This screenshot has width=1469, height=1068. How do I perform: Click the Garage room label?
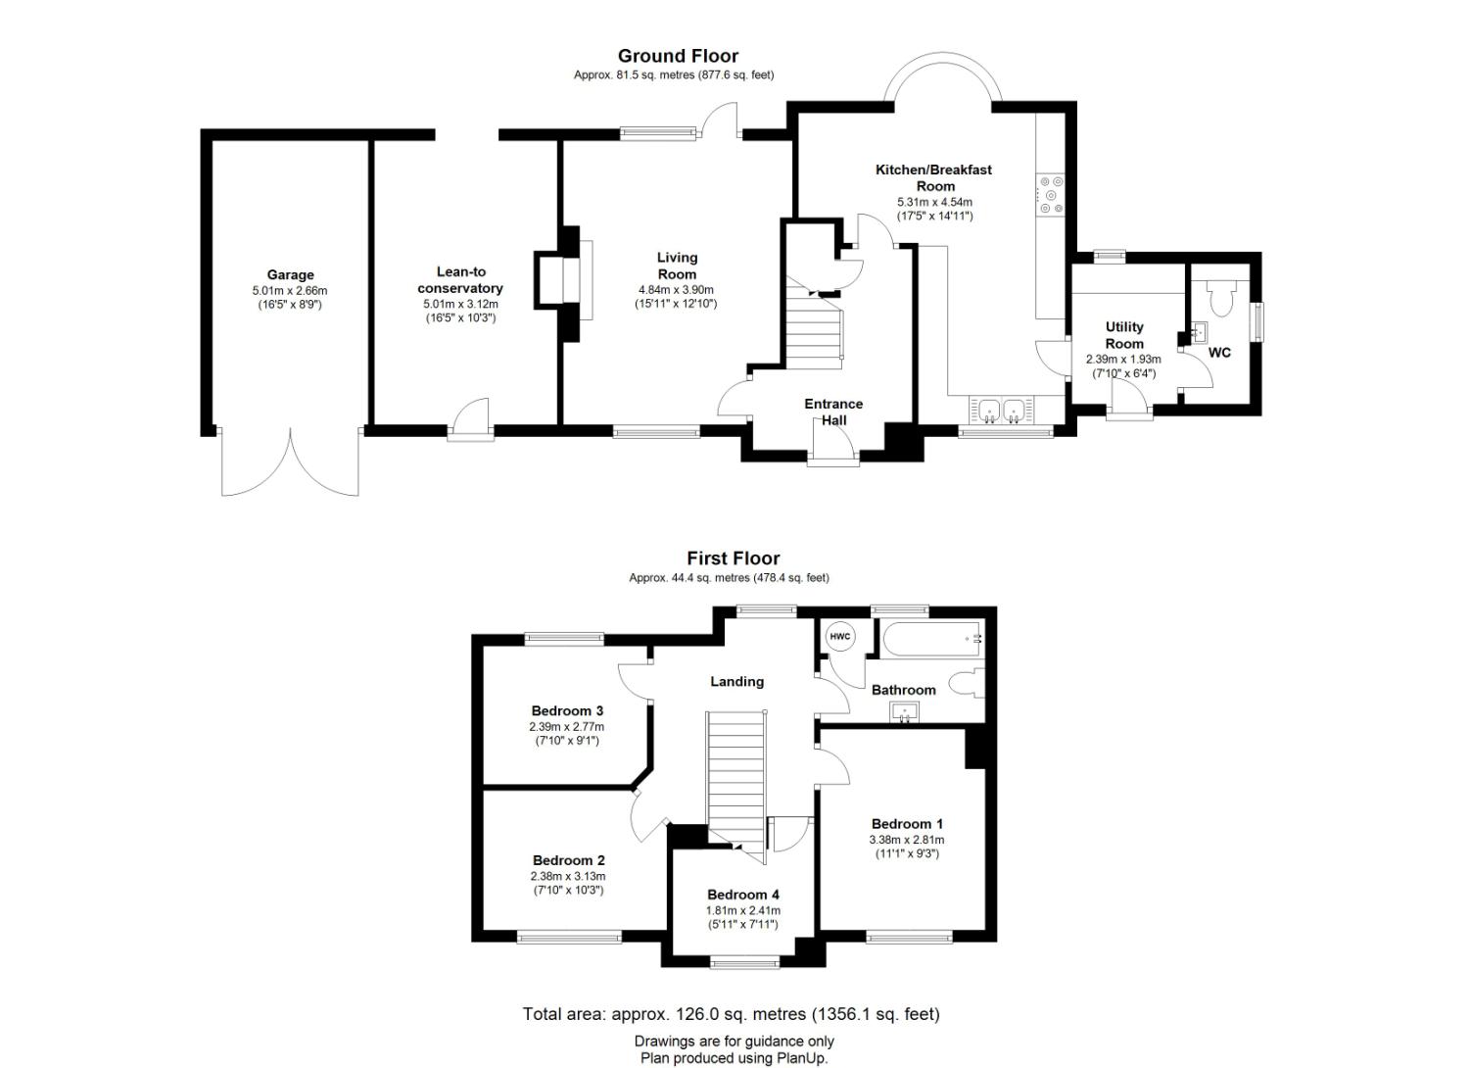[x=290, y=275]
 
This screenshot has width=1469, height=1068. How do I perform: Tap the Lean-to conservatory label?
[x=460, y=280]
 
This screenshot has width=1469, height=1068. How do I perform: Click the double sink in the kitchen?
[x=1002, y=410]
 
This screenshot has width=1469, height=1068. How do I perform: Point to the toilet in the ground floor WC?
[x=1220, y=298]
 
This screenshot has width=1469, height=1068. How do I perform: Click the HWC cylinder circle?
[x=840, y=636]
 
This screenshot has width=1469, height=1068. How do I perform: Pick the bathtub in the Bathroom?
[x=932, y=640]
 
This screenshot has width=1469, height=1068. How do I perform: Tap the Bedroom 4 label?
[x=743, y=895]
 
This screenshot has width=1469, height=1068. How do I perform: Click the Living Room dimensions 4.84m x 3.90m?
[x=676, y=289]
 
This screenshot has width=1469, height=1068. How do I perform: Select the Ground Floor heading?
[x=678, y=56]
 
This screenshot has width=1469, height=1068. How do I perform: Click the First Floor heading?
[x=734, y=558]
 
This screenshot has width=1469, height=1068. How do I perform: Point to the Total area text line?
[x=732, y=1014]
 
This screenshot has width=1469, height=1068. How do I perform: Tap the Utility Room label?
[x=1124, y=335]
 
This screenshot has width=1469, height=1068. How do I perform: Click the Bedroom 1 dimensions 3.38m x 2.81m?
[x=907, y=840]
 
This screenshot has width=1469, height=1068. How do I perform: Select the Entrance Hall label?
[x=833, y=412]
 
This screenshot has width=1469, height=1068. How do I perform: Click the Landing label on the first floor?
[x=737, y=682]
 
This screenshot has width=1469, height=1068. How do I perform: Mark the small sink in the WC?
[x=1198, y=332]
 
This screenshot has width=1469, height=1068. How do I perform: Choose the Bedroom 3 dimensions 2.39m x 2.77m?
[x=567, y=727]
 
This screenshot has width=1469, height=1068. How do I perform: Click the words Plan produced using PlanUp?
[x=734, y=1058]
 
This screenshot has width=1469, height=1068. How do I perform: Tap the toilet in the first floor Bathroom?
[x=968, y=684]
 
